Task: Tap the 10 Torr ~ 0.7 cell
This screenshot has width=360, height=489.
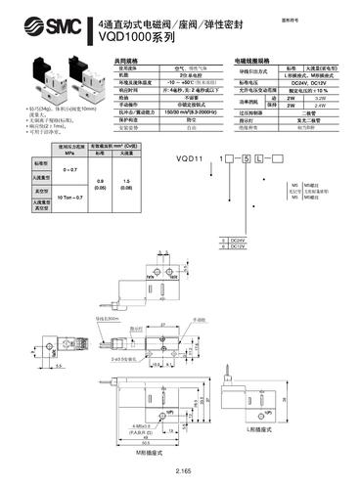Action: (48, 198)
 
